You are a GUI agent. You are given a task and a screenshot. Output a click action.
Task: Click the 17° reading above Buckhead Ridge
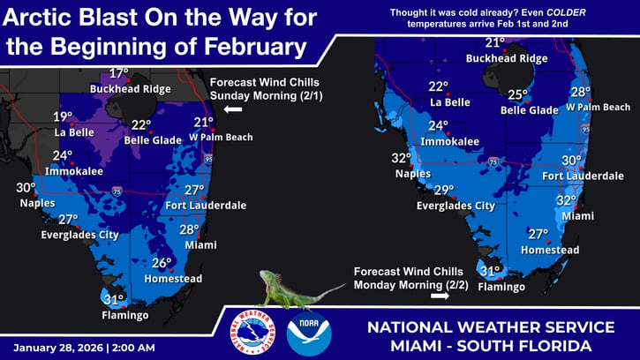click(118, 74)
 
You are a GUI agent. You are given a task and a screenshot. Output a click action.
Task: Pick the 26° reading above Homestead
click(162, 263)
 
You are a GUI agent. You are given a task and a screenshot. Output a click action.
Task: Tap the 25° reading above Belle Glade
click(518, 95)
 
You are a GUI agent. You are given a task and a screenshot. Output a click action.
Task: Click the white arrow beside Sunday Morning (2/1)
click(233, 109)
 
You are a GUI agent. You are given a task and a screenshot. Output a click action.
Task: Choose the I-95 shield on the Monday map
click(587, 130)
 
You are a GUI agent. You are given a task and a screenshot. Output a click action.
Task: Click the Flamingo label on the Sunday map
click(124, 315)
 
